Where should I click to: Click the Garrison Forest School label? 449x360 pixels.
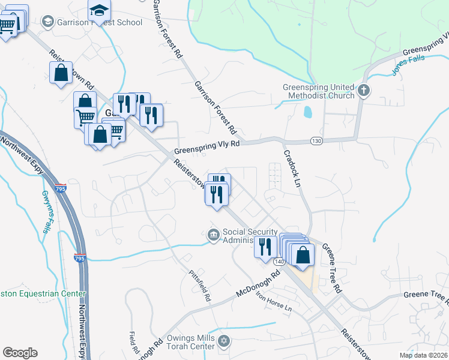(x=100, y=23)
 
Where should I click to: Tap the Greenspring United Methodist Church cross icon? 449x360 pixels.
(x=364, y=91)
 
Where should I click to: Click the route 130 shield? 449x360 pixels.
(x=317, y=140)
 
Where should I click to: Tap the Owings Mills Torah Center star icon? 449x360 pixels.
(x=223, y=341)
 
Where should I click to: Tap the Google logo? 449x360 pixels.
(x=20, y=353)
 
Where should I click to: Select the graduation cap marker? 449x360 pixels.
(x=100, y=10)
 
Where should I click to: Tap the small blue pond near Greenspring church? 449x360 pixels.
(x=308, y=112)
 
